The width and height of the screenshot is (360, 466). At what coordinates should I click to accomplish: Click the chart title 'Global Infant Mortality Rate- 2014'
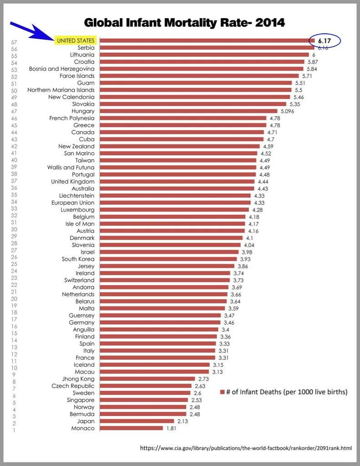[184, 22]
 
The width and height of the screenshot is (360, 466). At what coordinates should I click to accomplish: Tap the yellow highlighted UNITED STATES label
[75, 41]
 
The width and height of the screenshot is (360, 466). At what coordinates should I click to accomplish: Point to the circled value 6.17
[324, 41]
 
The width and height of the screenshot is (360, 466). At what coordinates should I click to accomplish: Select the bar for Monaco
[132, 428]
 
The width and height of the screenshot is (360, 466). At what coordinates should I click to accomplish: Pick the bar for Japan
[137, 421]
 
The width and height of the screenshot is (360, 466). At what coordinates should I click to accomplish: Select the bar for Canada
[182, 132]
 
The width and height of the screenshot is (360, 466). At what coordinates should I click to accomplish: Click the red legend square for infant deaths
[223, 392]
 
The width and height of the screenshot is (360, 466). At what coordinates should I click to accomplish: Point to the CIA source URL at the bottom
[246, 448]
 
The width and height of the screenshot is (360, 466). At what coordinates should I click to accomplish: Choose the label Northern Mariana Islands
[61, 90]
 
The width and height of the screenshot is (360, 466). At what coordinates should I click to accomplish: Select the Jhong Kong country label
[78, 379]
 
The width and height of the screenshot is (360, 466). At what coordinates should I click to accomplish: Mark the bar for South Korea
[168, 259]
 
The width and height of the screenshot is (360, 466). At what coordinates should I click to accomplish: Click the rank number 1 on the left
[14, 431]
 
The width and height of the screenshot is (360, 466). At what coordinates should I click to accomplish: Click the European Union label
[73, 203]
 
